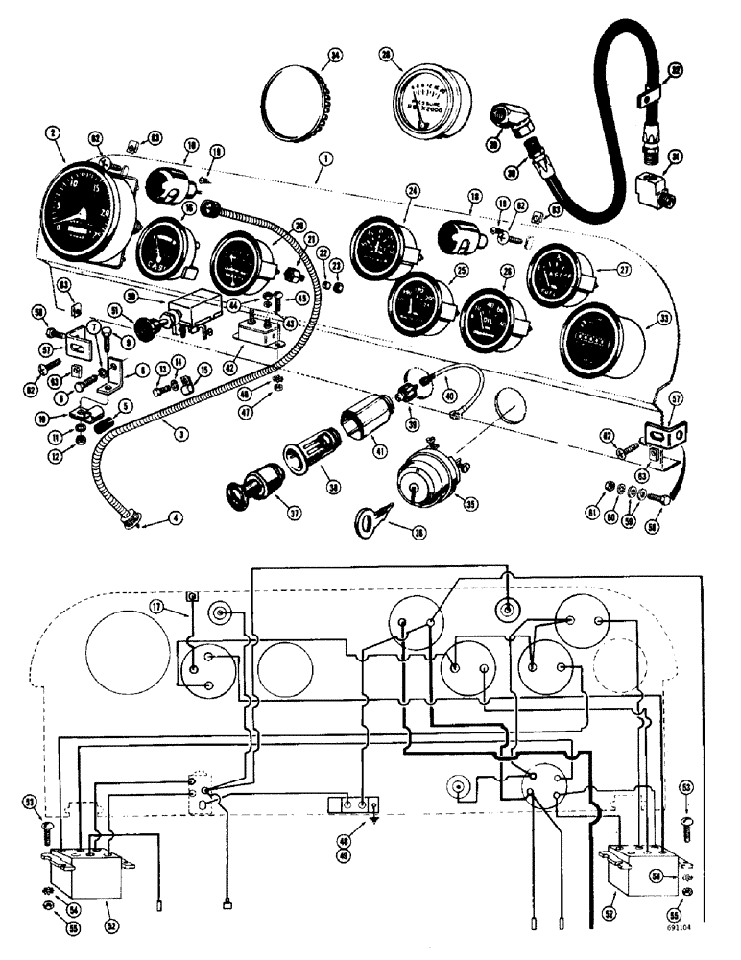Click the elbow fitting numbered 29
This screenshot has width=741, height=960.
(514, 123)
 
